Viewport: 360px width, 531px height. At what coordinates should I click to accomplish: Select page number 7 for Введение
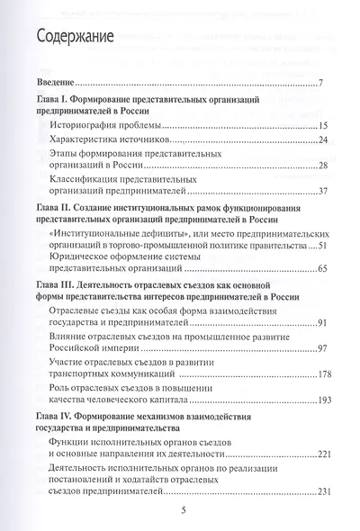319,85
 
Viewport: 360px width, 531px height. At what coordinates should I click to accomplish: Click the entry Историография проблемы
107,123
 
